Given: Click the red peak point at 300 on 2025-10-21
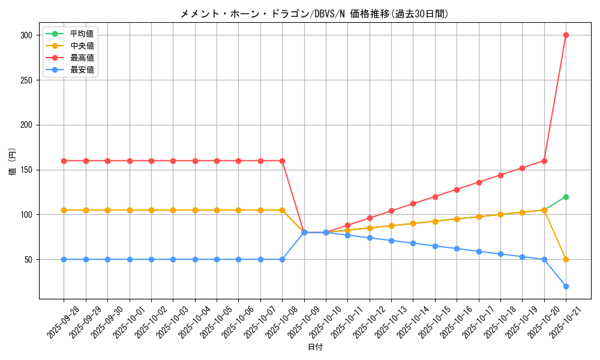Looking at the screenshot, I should pyautogui.click(x=566, y=35).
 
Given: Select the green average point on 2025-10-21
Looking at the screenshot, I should pyautogui.click(x=566, y=197).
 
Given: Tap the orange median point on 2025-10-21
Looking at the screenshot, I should pyautogui.click(x=566, y=259).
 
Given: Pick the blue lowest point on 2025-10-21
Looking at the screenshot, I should pyautogui.click(x=566, y=286).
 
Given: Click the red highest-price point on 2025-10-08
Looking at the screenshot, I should pyautogui.click(x=282, y=161).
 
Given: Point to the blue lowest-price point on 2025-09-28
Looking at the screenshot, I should pyautogui.click(x=64, y=259).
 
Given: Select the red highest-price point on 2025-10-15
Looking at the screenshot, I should pyautogui.click(x=435, y=197).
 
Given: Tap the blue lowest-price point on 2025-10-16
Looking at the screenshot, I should pyautogui.click(x=457, y=248).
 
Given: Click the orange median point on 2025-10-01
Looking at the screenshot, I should pyautogui.click(x=130, y=210).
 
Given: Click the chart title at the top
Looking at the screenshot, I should pyautogui.click(x=314, y=14).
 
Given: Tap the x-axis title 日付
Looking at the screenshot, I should pyautogui.click(x=314, y=347).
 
